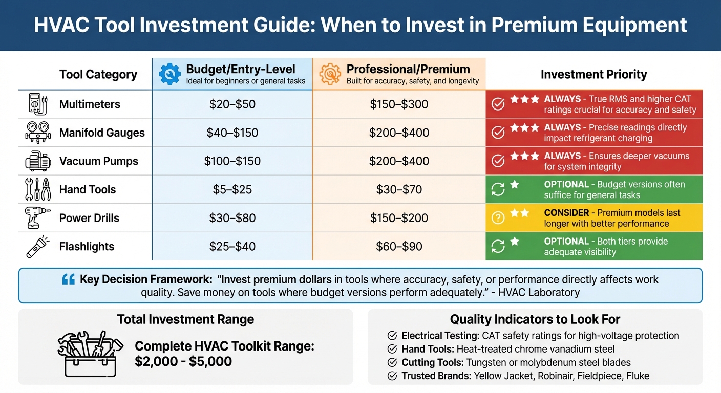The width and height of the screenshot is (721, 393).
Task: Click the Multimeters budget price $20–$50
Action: click(x=232, y=104)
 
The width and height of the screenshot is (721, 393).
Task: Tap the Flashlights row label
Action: click(x=87, y=247)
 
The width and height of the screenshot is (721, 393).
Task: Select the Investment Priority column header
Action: click(x=593, y=75)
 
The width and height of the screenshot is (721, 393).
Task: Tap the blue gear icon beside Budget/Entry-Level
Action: click(x=169, y=74)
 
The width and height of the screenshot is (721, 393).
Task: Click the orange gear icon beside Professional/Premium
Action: click(x=330, y=74)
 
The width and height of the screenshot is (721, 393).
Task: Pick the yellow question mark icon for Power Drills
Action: click(x=498, y=218)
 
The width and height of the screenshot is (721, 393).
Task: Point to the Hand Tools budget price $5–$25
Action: click(x=232, y=190)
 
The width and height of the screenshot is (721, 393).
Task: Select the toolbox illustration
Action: click(x=90, y=353)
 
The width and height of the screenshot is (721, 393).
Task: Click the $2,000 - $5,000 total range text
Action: click(x=183, y=362)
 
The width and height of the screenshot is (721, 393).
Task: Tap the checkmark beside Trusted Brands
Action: click(x=392, y=376)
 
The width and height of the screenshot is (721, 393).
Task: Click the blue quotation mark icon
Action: click(x=68, y=279)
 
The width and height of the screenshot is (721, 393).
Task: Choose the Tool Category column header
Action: click(x=98, y=75)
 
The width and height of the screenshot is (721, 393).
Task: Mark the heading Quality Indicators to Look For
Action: click(x=535, y=320)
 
